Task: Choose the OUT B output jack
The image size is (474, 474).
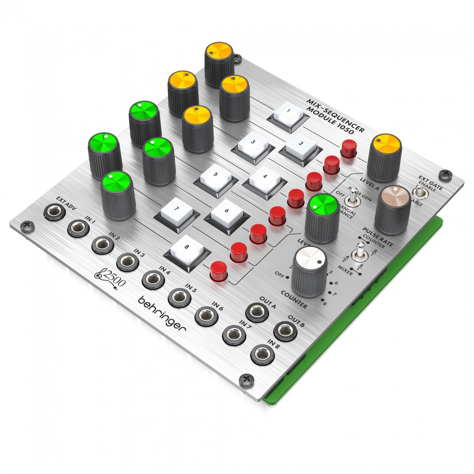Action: point(285,331)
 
